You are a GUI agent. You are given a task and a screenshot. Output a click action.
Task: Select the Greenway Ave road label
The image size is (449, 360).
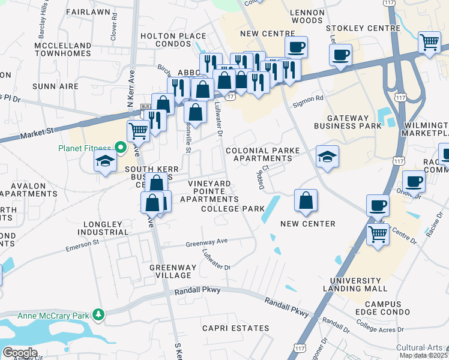click(206, 243)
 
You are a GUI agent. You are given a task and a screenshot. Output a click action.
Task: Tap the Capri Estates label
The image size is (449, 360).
click(235, 328)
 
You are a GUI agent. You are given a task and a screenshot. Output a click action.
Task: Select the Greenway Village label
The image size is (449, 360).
click(170, 271)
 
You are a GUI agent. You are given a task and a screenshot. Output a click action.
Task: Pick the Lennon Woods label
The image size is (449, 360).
click(306, 16)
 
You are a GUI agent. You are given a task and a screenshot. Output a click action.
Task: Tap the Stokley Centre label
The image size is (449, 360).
click(363, 28)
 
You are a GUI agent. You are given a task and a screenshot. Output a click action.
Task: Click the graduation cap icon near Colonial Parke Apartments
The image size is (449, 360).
click(327, 157)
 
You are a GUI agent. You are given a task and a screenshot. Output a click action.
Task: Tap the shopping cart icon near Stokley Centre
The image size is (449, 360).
click(429, 42)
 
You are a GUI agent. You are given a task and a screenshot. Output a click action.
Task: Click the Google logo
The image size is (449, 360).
click(19, 353)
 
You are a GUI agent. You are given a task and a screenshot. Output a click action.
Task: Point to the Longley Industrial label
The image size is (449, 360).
click(102, 228)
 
